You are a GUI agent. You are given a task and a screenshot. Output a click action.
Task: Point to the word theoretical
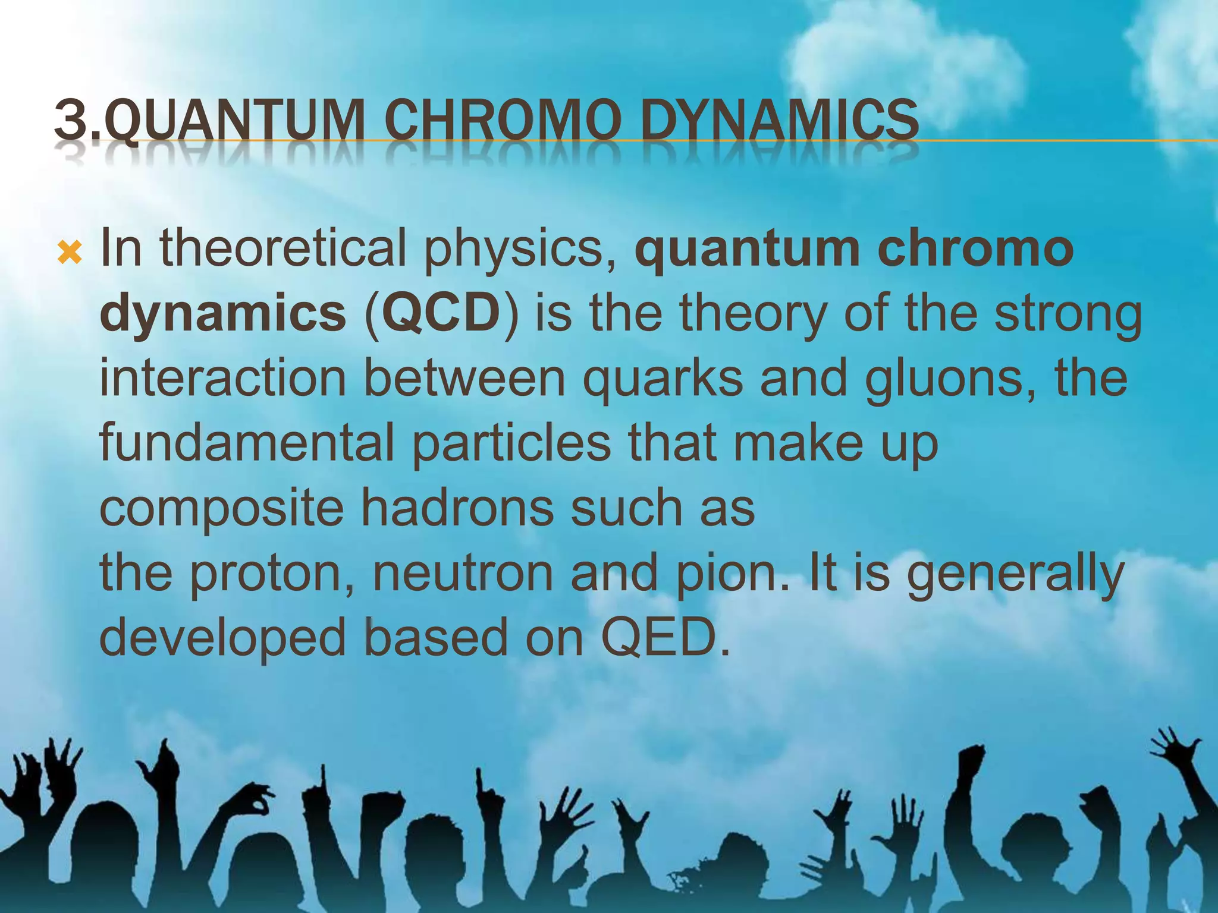pos(282,248)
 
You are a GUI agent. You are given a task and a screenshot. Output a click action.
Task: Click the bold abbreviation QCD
pos(441,314)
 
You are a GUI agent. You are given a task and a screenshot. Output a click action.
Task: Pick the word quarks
pos(663,379)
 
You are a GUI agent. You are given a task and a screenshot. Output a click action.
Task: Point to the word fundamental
pos(246,443)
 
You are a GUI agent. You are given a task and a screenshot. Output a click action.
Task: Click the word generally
pos(1015,574)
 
